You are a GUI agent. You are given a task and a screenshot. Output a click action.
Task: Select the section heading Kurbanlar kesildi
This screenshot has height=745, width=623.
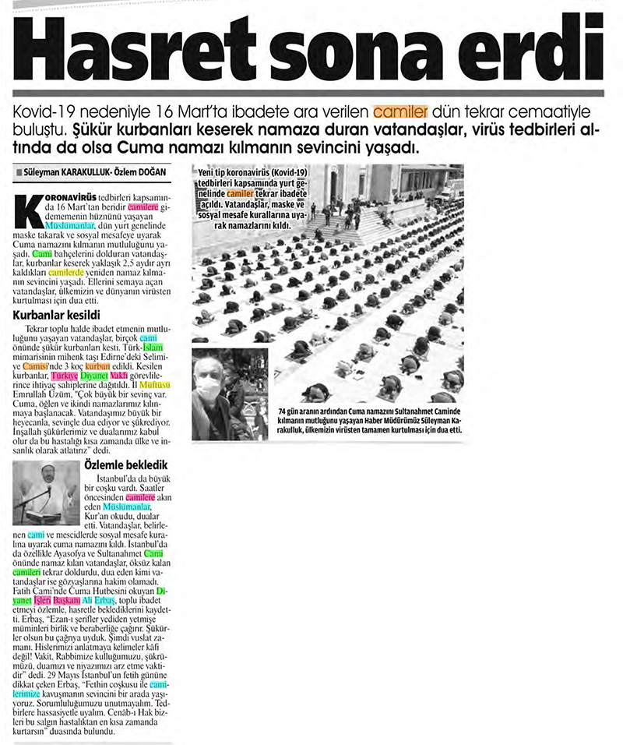click(x=57, y=316)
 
